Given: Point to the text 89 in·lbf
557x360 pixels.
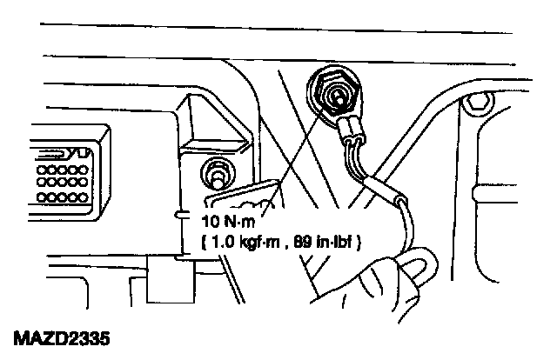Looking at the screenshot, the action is (x=328, y=238).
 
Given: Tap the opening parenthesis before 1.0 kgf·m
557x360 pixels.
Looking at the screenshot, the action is (x=205, y=238).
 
